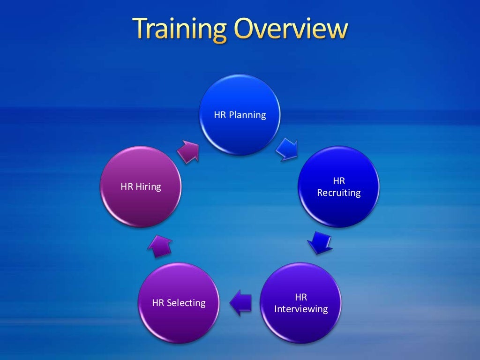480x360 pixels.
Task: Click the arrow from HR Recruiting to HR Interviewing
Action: click(320, 243)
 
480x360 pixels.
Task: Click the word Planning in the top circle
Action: click(247, 115)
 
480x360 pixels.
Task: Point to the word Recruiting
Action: click(339, 193)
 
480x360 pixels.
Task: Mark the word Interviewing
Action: click(301, 309)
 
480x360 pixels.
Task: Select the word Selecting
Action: click(186, 303)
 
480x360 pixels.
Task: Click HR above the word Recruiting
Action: click(339, 181)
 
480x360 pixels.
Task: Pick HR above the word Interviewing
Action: click(301, 297)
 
